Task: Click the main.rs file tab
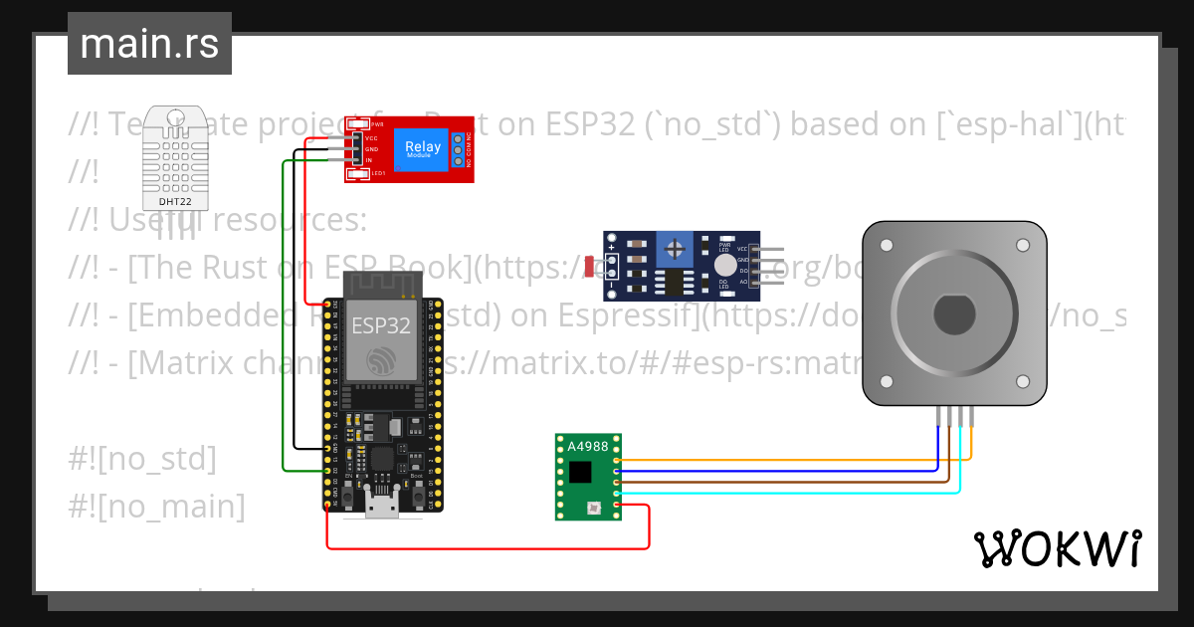click(149, 44)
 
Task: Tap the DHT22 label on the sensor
click(175, 201)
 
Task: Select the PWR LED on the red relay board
click(361, 124)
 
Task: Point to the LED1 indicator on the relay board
click(361, 174)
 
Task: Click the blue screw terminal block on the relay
click(458, 149)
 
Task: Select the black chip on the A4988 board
click(579, 472)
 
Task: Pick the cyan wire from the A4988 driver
click(796, 493)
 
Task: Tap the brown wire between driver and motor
click(796, 482)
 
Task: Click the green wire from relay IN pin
click(284, 318)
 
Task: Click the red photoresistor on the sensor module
click(590, 266)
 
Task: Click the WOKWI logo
click(1058, 548)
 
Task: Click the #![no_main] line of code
click(156, 507)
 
